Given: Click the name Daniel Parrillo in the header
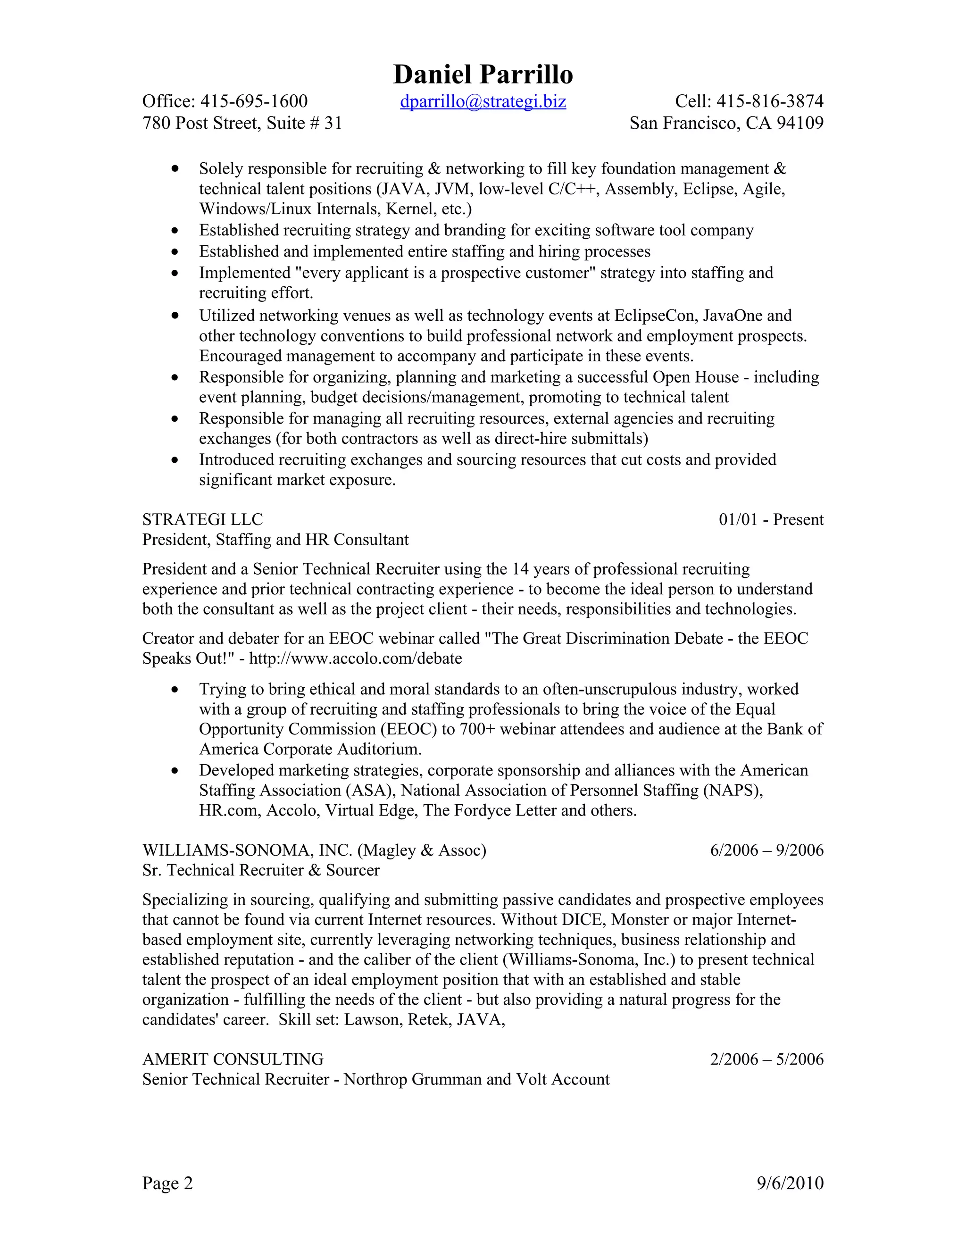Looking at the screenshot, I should coord(483,75).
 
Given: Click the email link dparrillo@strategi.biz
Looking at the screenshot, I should coord(483,101).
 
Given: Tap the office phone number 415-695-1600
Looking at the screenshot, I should coord(254,101).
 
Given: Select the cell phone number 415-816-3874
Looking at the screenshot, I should coord(770,101).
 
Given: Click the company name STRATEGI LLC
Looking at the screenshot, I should coord(202,520).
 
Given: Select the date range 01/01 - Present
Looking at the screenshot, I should coord(771,520).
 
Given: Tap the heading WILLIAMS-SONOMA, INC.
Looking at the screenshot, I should coord(247,850).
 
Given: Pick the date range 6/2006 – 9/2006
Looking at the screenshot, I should coord(766,850).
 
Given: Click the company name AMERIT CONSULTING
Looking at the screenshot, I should coord(233,1059).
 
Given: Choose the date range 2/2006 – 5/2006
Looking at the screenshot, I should coord(766,1059).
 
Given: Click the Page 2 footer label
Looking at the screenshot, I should coord(167,1183).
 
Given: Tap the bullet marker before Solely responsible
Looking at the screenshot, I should coord(175,169).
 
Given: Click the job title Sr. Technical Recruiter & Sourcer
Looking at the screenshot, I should coord(261,871).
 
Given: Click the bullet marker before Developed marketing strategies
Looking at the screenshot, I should coord(175,771).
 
